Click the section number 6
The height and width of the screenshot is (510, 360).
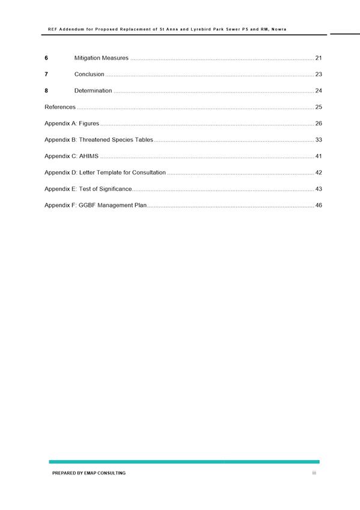pyautogui.click(x=46, y=58)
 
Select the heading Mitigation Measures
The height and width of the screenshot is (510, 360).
pyautogui.click(x=101, y=58)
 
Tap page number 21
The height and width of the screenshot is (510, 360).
pyautogui.click(x=319, y=58)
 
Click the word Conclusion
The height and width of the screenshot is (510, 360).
pyautogui.click(x=89, y=75)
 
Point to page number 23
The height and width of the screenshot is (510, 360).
pyautogui.click(x=319, y=75)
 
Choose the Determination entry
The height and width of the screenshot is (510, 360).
pyautogui.click(x=93, y=91)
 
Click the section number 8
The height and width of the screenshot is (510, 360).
pyautogui.click(x=46, y=91)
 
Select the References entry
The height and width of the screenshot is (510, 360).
pyautogui.click(x=60, y=107)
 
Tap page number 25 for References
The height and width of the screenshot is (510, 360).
pyautogui.click(x=319, y=107)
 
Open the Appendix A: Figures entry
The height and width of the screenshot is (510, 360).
pyautogui.click(x=72, y=123)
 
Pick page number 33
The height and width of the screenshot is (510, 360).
pyautogui.click(x=319, y=140)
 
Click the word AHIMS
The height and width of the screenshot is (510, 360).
pyautogui.click(x=88, y=156)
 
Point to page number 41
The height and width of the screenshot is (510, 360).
pyautogui.click(x=319, y=156)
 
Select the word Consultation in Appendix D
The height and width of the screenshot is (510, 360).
pyautogui.click(x=148, y=173)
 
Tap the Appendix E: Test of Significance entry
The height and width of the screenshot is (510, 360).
pyautogui.click(x=88, y=189)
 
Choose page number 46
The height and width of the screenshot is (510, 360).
pyautogui.click(x=319, y=205)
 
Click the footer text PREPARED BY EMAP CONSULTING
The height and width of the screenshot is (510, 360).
pyautogui.click(x=89, y=473)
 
